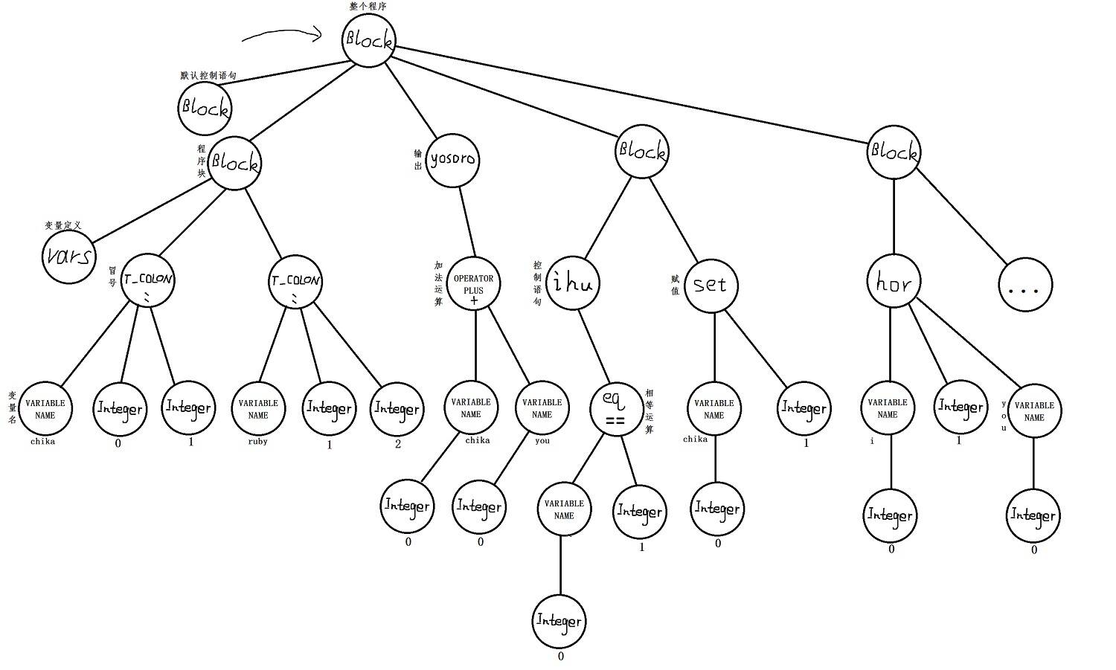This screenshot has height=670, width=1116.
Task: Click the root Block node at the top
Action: tap(368, 40)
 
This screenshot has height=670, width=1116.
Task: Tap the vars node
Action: tap(68, 257)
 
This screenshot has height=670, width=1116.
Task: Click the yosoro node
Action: tap(452, 159)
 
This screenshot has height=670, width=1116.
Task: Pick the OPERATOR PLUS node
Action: tap(474, 284)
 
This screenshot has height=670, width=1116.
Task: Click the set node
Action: tap(711, 285)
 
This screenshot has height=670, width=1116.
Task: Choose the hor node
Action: tap(894, 283)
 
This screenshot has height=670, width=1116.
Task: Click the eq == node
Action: tap(615, 408)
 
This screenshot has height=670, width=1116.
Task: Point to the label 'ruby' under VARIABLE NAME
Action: tap(258, 441)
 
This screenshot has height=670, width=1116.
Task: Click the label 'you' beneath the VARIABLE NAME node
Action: tap(542, 440)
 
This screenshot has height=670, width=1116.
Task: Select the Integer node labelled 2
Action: tap(397, 408)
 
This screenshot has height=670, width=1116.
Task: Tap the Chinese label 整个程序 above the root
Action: tap(368, 6)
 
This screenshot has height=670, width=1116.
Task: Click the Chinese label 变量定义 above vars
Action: tap(62, 225)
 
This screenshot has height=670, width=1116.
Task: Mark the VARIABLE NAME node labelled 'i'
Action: tap(888, 408)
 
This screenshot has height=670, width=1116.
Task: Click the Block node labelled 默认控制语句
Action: tap(205, 108)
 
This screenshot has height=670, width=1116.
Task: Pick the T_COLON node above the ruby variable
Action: tap(295, 282)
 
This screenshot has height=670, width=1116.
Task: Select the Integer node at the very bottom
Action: tap(559, 620)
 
